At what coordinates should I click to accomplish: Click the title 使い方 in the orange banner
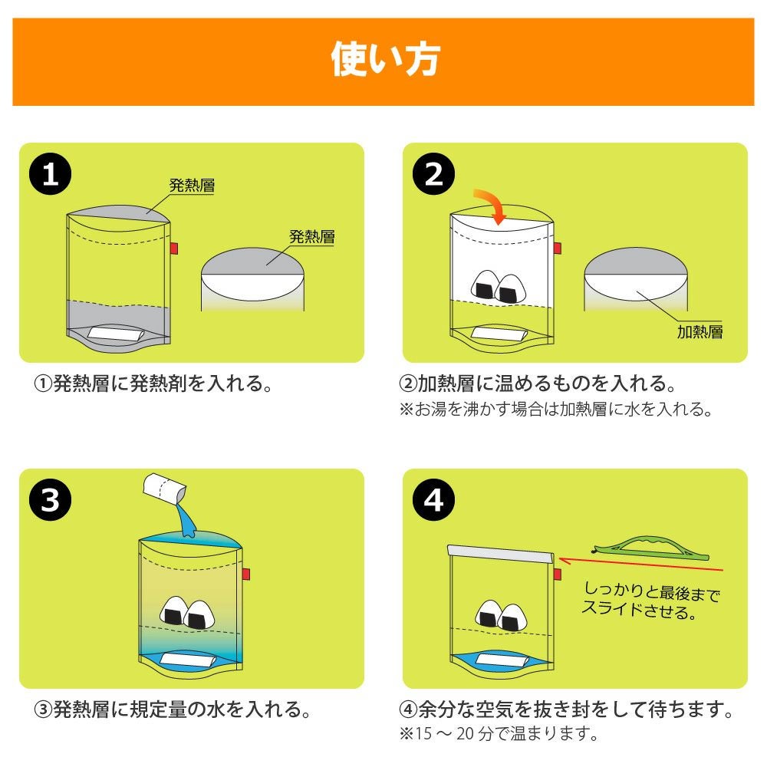click(x=386, y=59)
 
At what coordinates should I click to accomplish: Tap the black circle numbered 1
click(x=50, y=173)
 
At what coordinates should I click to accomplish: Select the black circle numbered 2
click(x=433, y=173)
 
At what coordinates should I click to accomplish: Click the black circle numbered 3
click(x=50, y=500)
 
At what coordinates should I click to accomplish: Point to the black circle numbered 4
click(x=433, y=500)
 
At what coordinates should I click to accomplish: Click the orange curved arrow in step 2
click(x=494, y=203)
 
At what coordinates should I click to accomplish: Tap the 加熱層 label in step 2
click(x=700, y=332)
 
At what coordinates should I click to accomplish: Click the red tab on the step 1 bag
click(x=173, y=249)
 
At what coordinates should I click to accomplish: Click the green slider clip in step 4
click(x=650, y=546)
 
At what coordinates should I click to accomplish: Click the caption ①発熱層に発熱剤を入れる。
click(x=153, y=383)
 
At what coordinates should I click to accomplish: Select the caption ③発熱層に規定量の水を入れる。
click(x=172, y=709)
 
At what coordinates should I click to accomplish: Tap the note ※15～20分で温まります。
click(x=499, y=734)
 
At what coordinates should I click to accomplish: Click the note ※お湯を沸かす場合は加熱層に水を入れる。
click(x=556, y=409)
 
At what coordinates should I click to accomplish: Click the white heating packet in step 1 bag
click(x=116, y=334)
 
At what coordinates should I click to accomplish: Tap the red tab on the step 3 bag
click(x=246, y=574)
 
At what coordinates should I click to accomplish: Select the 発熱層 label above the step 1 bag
click(x=192, y=185)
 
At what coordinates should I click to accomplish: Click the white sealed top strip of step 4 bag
click(x=501, y=555)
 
